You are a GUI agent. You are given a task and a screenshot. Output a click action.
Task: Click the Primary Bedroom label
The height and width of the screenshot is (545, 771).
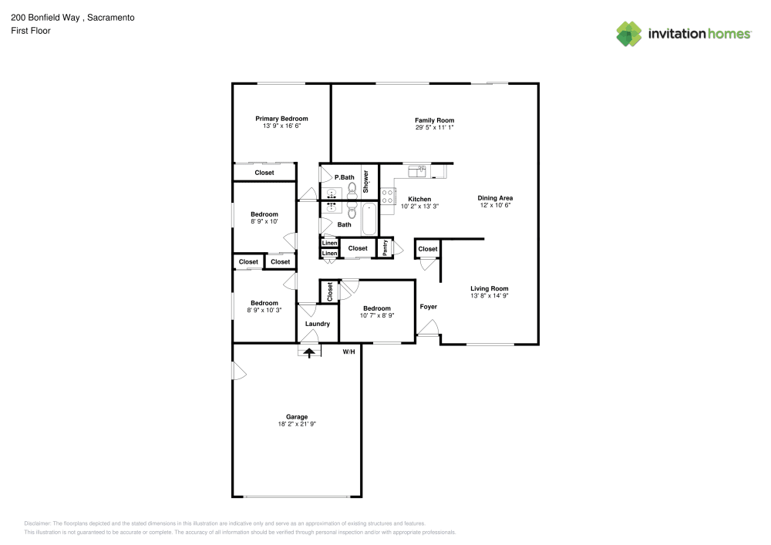point(281,119)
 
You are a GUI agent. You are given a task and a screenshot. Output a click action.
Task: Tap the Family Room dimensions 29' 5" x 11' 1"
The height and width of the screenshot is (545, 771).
point(434,128)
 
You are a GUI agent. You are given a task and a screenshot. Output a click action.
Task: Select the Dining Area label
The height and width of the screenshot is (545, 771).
point(495,198)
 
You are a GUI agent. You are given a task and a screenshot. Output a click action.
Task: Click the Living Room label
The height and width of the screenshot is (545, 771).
point(490,288)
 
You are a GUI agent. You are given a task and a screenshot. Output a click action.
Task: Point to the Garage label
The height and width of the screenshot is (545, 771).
point(297,417)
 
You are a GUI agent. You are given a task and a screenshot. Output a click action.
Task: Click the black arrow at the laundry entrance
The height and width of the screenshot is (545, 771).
point(310,352)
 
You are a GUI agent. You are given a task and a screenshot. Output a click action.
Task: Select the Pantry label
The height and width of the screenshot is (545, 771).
point(385,248)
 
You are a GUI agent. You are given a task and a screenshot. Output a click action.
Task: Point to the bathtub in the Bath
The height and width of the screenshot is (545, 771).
point(369,219)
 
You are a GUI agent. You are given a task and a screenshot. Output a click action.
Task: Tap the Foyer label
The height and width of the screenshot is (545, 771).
point(428,307)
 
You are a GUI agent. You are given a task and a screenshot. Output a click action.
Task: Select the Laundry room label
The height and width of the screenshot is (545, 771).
point(317,324)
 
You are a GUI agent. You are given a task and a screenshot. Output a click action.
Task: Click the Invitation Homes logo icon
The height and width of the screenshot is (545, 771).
point(628,33)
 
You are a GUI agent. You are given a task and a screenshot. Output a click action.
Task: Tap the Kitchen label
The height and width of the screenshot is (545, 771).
point(419,199)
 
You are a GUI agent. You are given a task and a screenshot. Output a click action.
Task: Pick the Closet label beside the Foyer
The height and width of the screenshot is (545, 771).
point(428,249)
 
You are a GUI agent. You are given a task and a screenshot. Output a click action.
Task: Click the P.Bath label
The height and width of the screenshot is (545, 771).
point(344,177)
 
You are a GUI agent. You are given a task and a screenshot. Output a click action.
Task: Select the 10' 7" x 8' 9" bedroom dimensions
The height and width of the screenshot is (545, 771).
point(377,315)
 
